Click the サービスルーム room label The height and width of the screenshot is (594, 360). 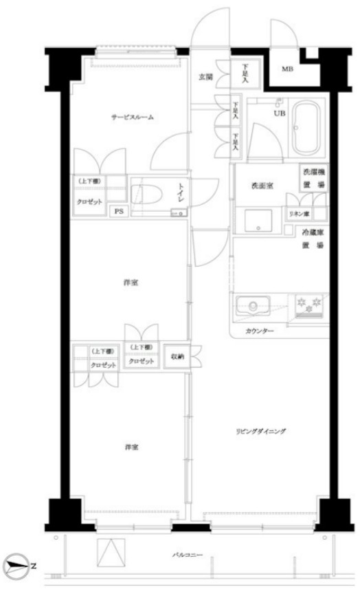(x=133, y=118)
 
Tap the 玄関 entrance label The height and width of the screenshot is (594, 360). (x=205, y=76)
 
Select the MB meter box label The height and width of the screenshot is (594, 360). (x=287, y=69)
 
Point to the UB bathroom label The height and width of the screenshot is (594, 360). (x=280, y=113)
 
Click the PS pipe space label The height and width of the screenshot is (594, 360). (x=119, y=211)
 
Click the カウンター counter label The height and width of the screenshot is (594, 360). (x=259, y=331)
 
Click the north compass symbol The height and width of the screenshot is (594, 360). (x=16, y=564)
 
